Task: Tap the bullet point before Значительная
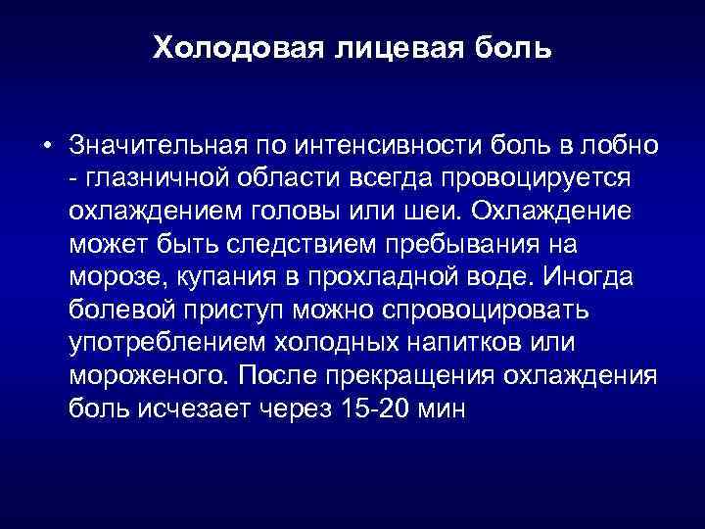47,147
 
